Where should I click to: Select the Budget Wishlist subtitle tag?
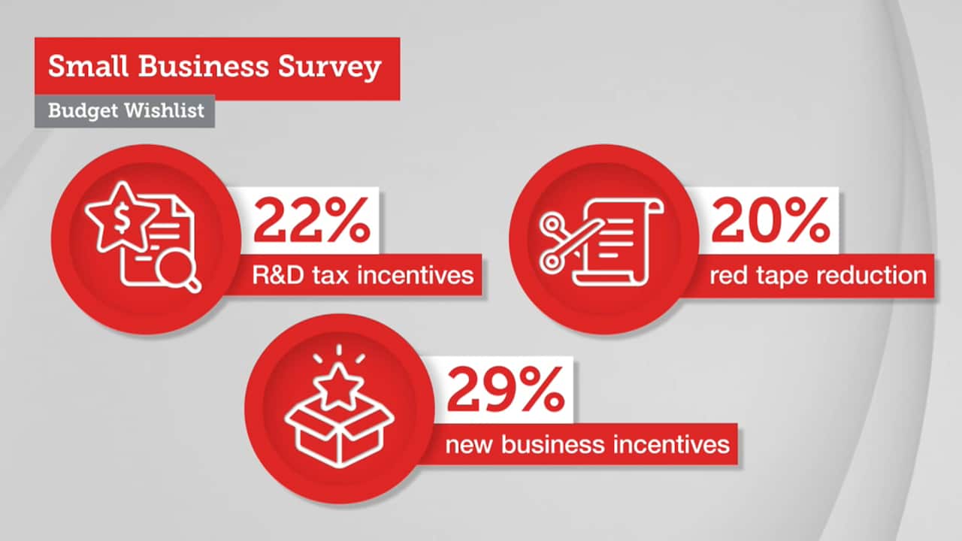[125, 110]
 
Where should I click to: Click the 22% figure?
[312, 221]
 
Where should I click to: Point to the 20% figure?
[770, 221]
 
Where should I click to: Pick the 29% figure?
[505, 391]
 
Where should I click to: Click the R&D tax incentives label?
[364, 274]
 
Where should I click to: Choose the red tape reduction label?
[818, 274]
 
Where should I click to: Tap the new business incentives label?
[587, 443]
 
